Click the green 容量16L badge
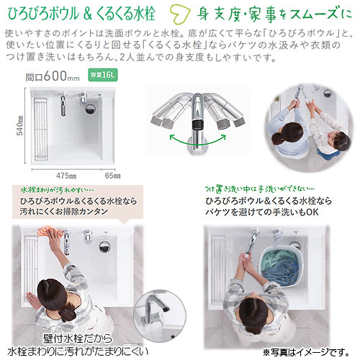tap(103, 75)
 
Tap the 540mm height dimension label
tap(20, 125)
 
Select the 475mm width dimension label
tap(66, 176)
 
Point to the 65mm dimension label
tap(112, 176)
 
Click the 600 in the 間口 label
tap(55, 76)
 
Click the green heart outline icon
tap(179, 15)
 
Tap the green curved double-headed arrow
tap(198, 140)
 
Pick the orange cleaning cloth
tap(47, 231)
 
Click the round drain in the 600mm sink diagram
tap(90, 108)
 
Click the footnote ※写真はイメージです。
tap(307, 352)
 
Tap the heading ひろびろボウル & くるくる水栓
tap(82, 14)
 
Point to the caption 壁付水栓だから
tap(78, 338)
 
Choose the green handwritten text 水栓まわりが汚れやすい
tap(57, 190)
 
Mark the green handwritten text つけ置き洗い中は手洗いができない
tap(259, 189)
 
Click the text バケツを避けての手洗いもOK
tap(262, 212)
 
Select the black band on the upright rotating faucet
tap(198, 125)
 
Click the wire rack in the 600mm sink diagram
tap(40, 129)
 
